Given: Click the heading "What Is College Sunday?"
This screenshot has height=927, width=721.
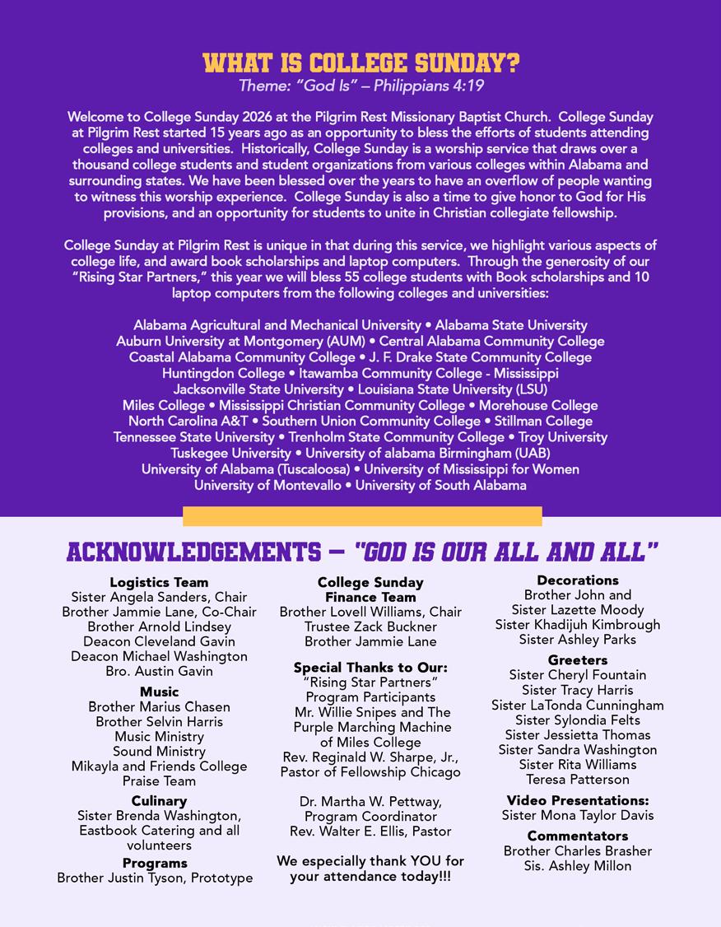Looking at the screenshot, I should (360, 63).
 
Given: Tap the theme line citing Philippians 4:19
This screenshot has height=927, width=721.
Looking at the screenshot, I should (360, 86).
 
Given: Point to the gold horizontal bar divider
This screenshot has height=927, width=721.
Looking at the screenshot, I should (362, 516).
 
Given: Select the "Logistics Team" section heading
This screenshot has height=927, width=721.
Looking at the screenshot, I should (159, 582).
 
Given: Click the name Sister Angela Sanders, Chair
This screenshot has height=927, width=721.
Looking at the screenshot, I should (159, 597).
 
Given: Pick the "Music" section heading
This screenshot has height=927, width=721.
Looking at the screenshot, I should (159, 692).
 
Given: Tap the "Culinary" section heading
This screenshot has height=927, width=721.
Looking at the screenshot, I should (159, 800).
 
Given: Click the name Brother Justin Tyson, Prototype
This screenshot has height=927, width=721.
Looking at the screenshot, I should (155, 878).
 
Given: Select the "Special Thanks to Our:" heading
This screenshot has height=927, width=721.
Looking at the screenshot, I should (370, 667).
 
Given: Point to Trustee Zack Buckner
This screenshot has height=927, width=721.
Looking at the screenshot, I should (370, 627).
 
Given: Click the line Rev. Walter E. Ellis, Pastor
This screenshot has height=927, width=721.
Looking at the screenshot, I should (370, 831).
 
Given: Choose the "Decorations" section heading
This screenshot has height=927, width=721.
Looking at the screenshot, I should (578, 580).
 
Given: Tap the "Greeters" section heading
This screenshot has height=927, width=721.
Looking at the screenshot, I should (578, 659).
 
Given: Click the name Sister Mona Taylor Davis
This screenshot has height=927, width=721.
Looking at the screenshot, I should (578, 815).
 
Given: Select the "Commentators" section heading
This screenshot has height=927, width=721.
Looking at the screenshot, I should (578, 836).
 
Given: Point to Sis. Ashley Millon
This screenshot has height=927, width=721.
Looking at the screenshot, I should (578, 865).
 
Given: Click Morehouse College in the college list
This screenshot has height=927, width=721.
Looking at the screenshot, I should (538, 405).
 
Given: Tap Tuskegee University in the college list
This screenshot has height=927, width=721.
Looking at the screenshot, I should (230, 453).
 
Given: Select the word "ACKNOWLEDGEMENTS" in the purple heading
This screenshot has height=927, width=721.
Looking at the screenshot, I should (193, 552).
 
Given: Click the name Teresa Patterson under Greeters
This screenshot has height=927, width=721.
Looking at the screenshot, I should (578, 779).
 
